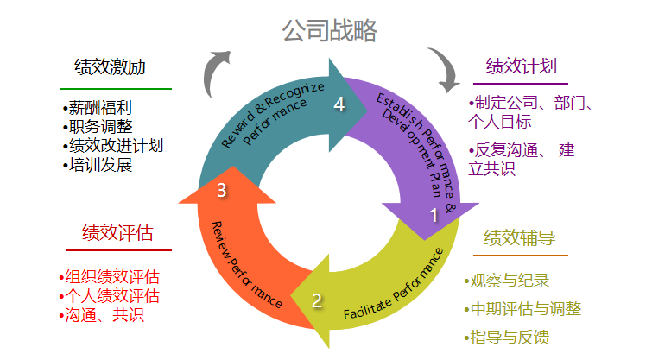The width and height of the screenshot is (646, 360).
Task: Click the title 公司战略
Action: pos(330,32)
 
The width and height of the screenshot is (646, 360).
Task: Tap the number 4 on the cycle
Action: pos(339,104)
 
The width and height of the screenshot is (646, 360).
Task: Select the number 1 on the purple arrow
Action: pos(434,217)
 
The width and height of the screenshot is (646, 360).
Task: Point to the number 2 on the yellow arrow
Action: pos(317,300)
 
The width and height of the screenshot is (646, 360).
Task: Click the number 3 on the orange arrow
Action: pos(222,191)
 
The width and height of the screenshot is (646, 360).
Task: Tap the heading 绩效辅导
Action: pos(520,238)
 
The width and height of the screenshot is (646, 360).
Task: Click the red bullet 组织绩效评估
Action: pos(111,278)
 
